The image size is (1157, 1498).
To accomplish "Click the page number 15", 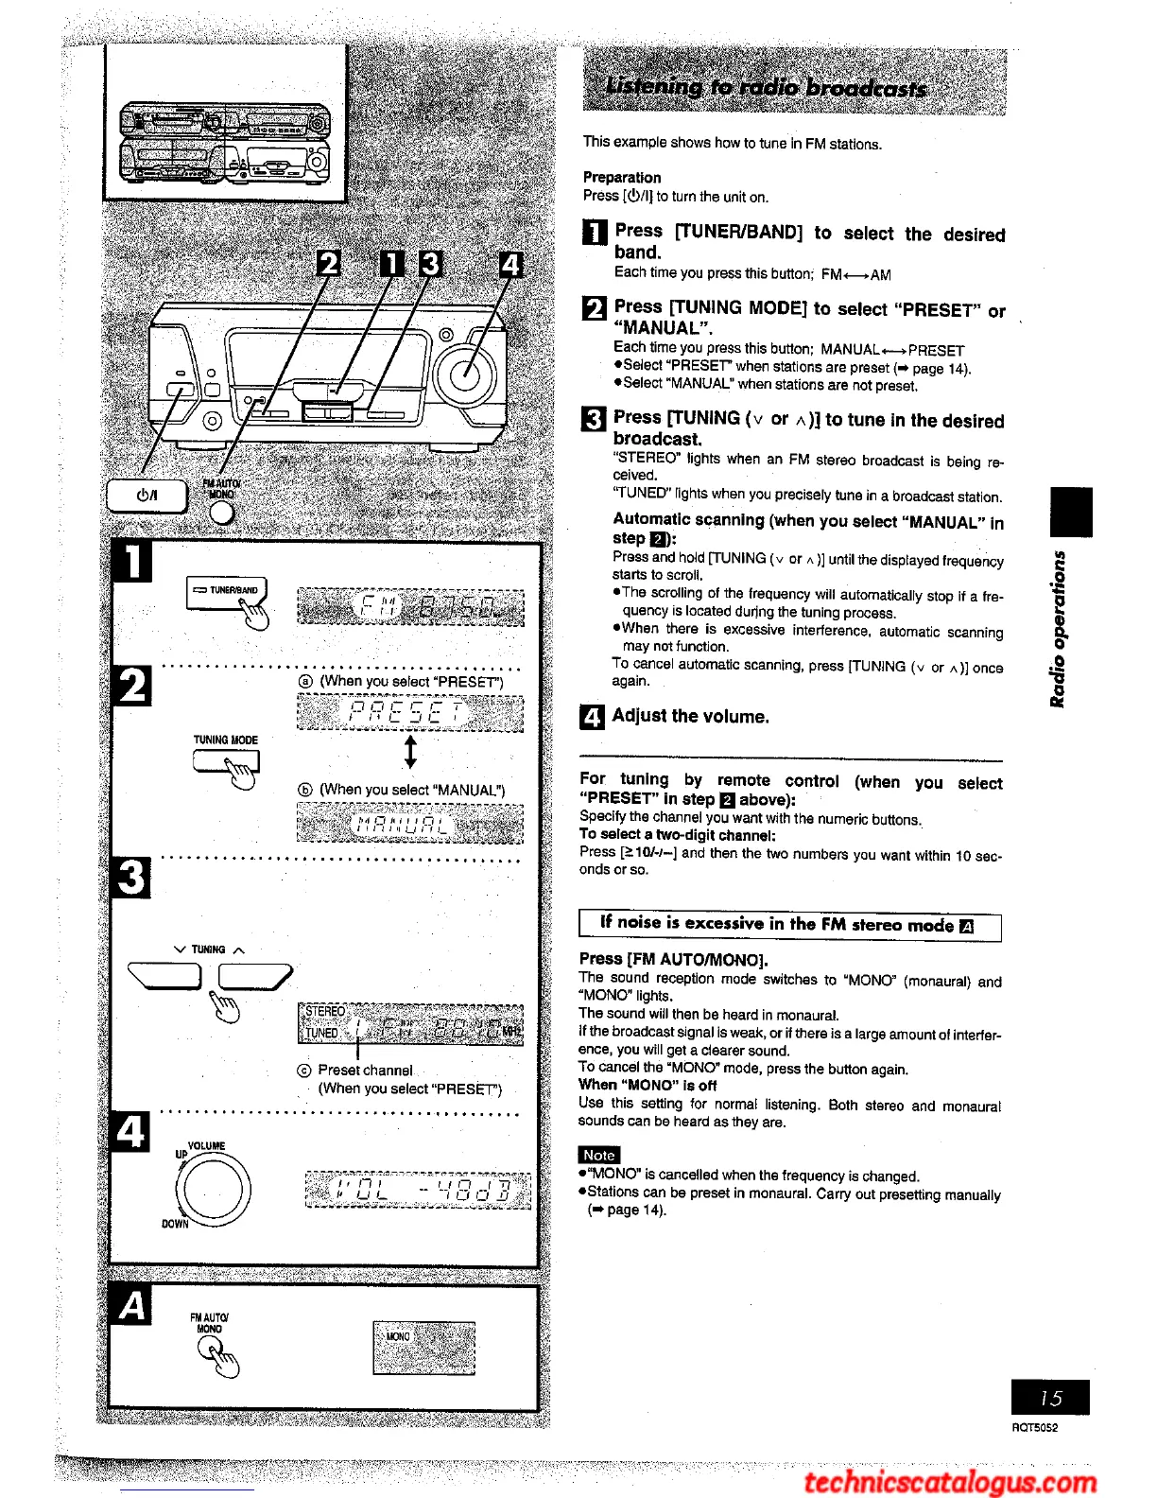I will coord(1049,1397).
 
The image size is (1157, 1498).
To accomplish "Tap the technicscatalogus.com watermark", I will coord(950,1480).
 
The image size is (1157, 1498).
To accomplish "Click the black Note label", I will coord(598,1155).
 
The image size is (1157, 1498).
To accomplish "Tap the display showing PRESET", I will coord(409,712).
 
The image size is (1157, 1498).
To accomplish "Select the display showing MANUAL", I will coord(409,823).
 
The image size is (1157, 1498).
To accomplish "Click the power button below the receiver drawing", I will coord(147,495).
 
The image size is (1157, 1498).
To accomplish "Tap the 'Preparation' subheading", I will coord(621,177).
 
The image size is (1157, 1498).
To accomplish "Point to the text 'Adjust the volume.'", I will coord(690,716).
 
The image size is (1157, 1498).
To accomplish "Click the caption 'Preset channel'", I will coord(365,1070).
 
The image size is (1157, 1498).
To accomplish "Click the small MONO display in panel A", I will coord(423,1347).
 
